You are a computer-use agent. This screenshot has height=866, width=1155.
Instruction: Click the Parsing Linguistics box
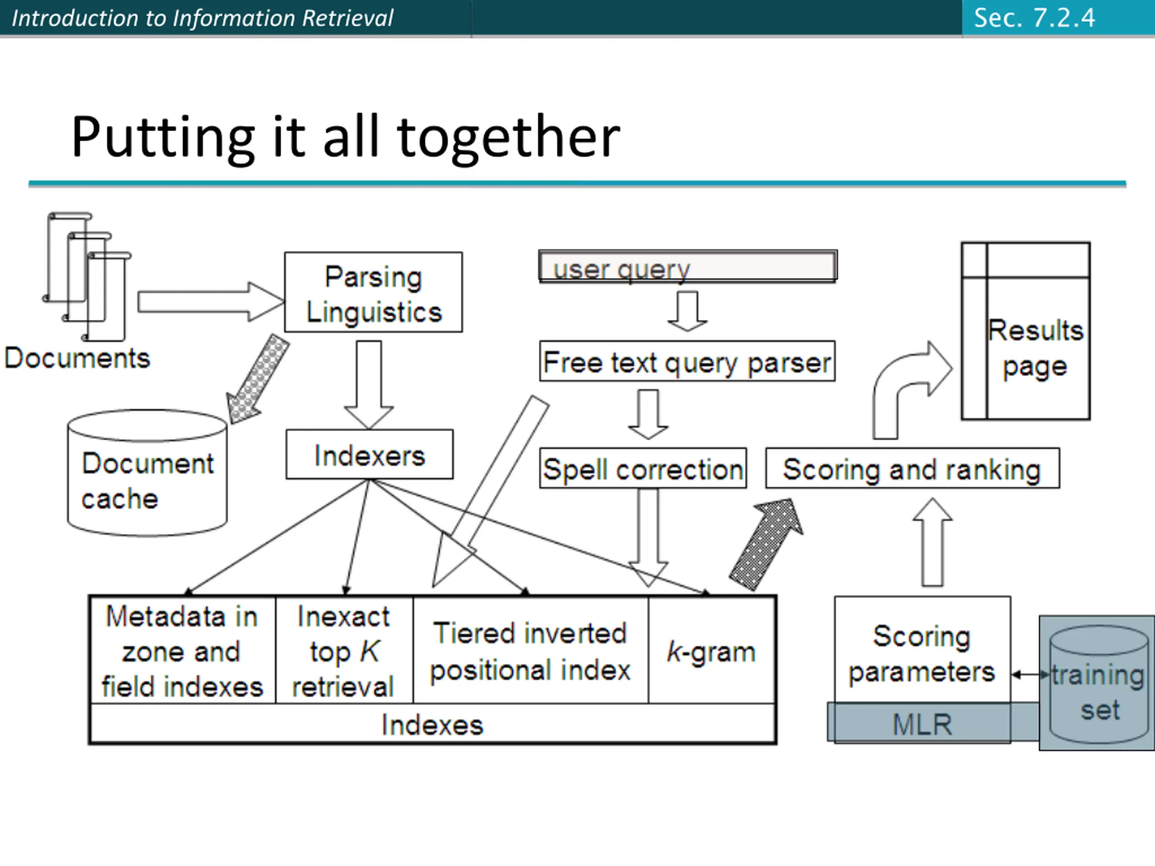pyautogui.click(x=373, y=292)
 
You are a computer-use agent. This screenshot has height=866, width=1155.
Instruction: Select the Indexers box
pyautogui.click(x=370, y=455)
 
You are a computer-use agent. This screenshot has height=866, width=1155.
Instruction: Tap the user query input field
pyautogui.click(x=688, y=267)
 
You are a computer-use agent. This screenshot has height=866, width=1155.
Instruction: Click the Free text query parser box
pyautogui.click(x=687, y=362)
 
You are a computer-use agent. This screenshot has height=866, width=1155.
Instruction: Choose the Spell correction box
pyautogui.click(x=643, y=468)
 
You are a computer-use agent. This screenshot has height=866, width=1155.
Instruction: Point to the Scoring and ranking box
pyautogui.click(x=912, y=468)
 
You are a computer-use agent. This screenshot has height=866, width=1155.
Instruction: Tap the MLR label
pyautogui.click(x=922, y=723)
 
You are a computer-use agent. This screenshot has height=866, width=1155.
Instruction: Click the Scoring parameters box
pyautogui.click(x=922, y=653)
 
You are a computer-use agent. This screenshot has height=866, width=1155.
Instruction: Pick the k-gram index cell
pyautogui.click(x=711, y=651)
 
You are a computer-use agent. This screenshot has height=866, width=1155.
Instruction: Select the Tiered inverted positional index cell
pyautogui.click(x=531, y=651)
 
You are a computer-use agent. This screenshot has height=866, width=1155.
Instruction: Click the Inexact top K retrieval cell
pyautogui.click(x=344, y=651)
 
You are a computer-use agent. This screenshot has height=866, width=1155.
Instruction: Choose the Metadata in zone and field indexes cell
pyautogui.click(x=182, y=651)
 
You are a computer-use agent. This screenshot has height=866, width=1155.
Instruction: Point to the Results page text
pyautogui.click(x=1035, y=348)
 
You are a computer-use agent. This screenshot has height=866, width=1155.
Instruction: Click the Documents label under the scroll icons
pyautogui.click(x=77, y=358)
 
